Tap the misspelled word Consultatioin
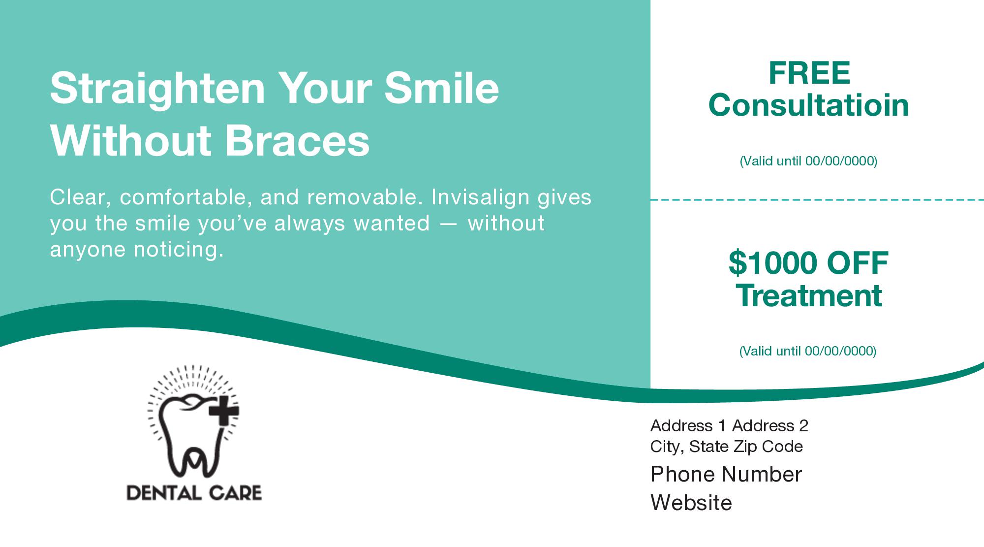click(808, 105)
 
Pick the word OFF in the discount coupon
click(857, 263)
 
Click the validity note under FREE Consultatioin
click(808, 161)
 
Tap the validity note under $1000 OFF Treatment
click(808, 351)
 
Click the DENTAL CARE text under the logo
click(194, 492)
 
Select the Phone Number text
click(726, 474)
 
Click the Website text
click(691, 503)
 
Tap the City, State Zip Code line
click(727, 447)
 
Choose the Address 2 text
click(770, 425)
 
